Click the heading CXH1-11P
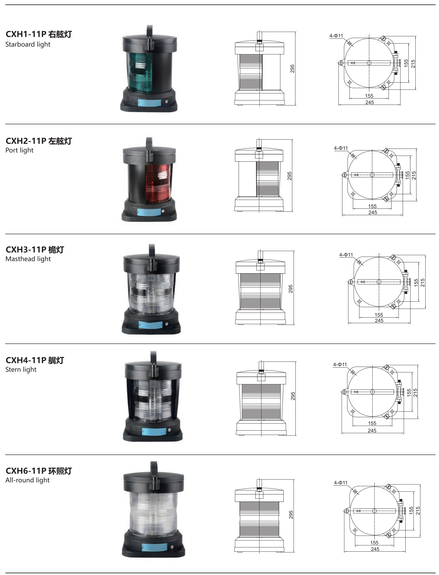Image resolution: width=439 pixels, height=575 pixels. point(26,34)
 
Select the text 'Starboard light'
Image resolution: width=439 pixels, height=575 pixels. point(28,44)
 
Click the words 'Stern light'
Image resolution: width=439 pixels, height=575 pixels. point(21,370)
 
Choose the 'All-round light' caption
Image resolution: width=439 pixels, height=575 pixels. point(28,480)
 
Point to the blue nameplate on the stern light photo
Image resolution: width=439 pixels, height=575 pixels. point(154,431)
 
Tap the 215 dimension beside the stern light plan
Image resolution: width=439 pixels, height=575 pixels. point(415,393)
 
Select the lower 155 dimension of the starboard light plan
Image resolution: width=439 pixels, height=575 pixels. point(369,96)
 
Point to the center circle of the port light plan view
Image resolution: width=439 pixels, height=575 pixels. point(372,175)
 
